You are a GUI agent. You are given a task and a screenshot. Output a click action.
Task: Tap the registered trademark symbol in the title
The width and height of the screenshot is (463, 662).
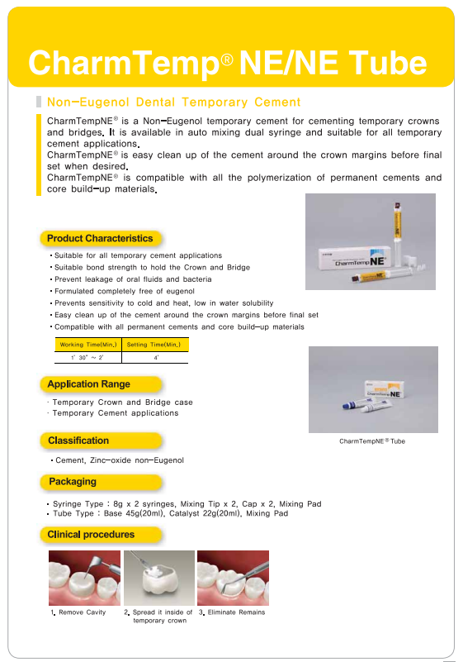click(227, 60)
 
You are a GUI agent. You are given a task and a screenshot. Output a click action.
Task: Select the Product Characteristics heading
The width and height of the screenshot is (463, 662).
click(100, 239)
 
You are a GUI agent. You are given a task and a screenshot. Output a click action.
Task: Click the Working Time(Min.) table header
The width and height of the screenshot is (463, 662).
click(88, 345)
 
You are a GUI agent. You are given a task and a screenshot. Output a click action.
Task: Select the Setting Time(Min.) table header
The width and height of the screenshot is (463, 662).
click(154, 345)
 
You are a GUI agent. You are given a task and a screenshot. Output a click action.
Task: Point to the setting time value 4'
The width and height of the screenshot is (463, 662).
click(156, 358)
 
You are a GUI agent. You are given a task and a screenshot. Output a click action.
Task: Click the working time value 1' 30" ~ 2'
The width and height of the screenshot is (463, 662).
click(87, 358)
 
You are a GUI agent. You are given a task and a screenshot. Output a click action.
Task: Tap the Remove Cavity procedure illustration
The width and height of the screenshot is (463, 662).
click(84, 578)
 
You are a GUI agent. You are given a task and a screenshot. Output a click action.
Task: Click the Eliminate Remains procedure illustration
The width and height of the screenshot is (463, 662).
click(233, 578)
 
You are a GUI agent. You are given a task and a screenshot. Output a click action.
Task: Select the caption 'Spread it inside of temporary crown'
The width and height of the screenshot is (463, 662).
click(158, 617)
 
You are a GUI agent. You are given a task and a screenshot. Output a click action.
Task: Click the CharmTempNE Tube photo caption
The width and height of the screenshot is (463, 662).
click(372, 441)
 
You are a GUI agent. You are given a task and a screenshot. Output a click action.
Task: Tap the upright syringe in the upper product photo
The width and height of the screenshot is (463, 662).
click(397, 232)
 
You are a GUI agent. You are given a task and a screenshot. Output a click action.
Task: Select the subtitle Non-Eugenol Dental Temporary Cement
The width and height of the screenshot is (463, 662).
click(174, 102)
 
